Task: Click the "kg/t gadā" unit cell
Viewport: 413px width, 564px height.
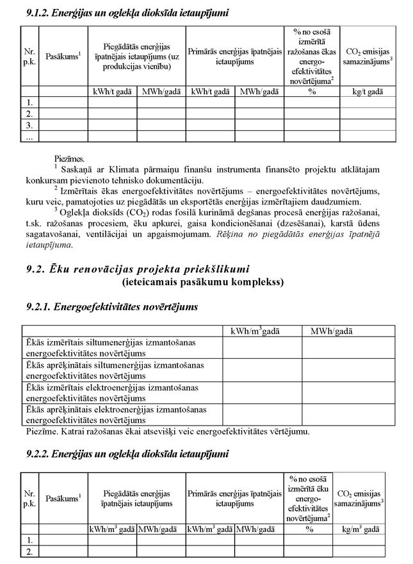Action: (x=368, y=92)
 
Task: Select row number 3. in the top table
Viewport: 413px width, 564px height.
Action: (x=29, y=124)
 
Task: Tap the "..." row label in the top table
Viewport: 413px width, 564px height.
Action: (x=29, y=136)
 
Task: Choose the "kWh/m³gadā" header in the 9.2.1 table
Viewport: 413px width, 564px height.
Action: (x=262, y=331)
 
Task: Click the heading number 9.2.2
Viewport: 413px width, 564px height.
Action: (x=30, y=454)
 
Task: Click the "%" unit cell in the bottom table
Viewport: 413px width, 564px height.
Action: (x=308, y=529)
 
